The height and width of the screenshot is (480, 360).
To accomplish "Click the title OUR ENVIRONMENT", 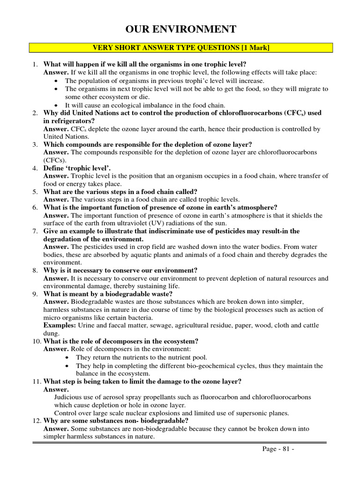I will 180,30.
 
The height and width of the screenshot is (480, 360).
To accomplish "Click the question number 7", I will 35,231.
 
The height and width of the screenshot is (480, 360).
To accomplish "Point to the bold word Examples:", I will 60,325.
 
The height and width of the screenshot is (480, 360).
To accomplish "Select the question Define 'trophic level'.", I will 77,168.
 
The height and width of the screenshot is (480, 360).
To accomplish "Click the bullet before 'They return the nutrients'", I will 68,357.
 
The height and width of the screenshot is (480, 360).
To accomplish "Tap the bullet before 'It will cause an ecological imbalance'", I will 57,105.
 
